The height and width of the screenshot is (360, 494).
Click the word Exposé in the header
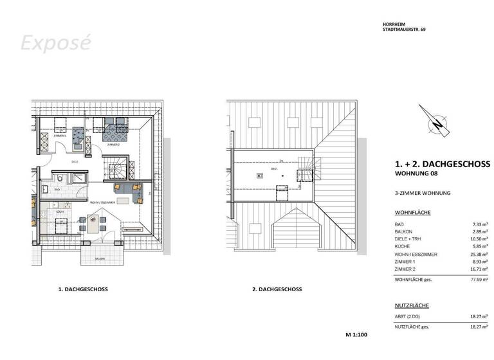[55, 42]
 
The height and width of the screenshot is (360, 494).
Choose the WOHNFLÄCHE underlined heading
[412, 212]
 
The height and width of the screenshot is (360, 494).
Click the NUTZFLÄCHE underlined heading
[411, 305]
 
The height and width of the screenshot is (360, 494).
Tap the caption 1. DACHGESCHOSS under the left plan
[83, 289]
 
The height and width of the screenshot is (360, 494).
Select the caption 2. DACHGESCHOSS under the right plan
[277, 289]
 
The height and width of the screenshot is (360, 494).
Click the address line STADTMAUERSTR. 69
[403, 30]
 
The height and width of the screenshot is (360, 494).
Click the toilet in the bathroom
[59, 177]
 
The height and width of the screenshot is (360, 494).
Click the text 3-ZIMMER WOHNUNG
[422, 193]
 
